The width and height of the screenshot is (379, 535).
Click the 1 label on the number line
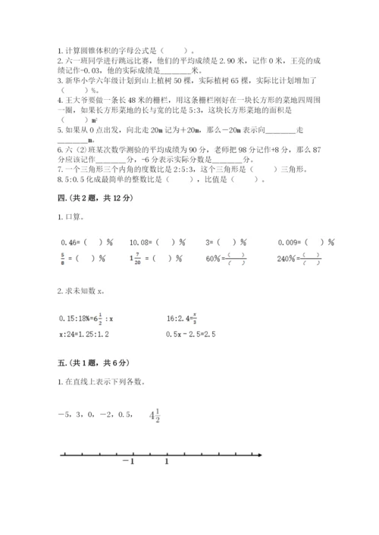167,461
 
